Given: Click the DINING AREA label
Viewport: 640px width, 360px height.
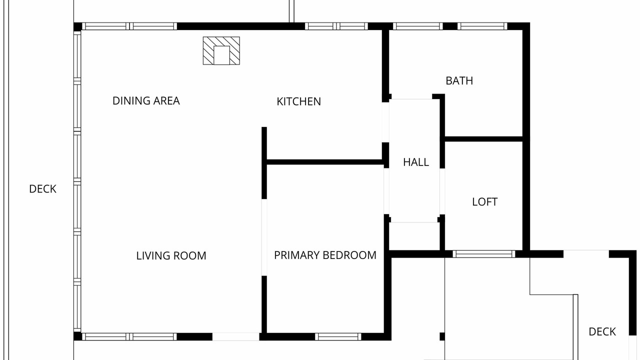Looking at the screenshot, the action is point(146,101).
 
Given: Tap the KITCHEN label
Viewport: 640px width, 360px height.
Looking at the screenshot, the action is point(298,101).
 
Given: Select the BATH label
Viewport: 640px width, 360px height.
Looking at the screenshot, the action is point(459,81).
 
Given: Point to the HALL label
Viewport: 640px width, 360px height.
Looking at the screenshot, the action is point(415,162).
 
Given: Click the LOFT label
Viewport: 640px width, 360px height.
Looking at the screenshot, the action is point(484,202).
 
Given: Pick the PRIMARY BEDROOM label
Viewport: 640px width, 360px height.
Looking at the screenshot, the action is point(325,255).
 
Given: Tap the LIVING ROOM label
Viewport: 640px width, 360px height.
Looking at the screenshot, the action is point(171,255).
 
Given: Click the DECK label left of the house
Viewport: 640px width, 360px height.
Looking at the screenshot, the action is point(42,189).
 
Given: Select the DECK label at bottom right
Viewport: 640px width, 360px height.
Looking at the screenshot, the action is point(602,331).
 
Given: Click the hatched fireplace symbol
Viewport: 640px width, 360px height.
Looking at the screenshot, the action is point(221,50).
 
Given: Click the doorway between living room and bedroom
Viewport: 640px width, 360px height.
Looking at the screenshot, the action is point(264,237).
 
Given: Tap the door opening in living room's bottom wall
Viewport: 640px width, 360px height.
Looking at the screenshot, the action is point(235,336).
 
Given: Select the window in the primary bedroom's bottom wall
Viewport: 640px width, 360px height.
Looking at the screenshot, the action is point(338,336).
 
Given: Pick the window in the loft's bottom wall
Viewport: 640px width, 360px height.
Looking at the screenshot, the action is point(484,254).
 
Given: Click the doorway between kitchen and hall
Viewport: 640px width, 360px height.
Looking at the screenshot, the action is point(385,122).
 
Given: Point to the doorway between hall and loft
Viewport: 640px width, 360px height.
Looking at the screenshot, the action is point(442,191).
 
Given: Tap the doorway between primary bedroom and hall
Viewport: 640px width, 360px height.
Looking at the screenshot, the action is point(386,191).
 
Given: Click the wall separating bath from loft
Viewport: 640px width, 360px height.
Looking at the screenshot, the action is point(483,139).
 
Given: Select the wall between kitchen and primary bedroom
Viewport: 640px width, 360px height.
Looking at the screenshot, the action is point(325,162).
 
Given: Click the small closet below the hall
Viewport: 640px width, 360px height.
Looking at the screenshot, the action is point(414,236).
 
